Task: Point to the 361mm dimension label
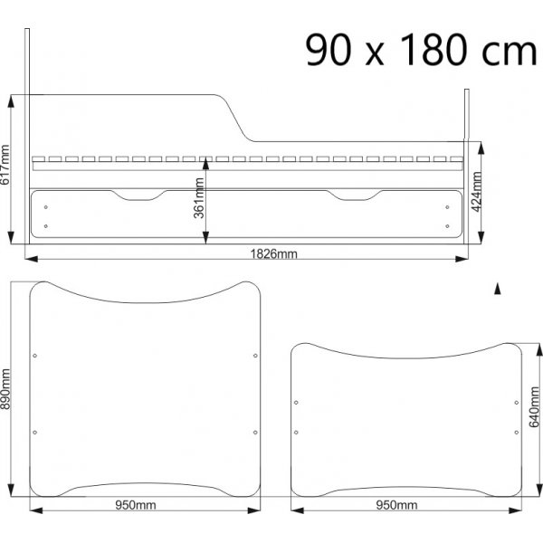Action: point(199,198)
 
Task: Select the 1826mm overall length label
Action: point(273,254)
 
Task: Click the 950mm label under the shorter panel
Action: point(395,504)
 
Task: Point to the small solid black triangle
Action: point(497,289)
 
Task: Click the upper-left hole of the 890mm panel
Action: point(34,356)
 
